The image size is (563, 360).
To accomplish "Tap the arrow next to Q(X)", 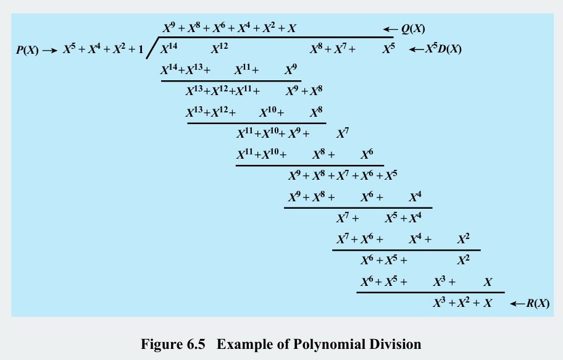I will click(x=390, y=29).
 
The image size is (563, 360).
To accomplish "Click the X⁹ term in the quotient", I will click(x=170, y=28).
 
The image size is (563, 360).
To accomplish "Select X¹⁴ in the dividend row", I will click(x=169, y=49).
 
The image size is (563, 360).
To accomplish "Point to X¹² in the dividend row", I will click(x=220, y=49).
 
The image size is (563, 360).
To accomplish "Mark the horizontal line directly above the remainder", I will click(x=430, y=292).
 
